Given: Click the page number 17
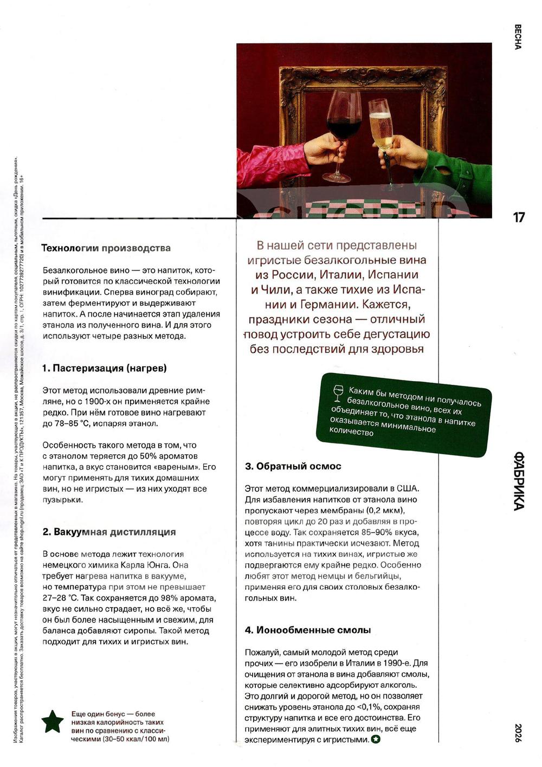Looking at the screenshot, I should point(519,217).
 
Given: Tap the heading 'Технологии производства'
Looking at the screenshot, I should point(106,248).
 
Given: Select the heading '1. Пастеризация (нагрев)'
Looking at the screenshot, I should point(105,368).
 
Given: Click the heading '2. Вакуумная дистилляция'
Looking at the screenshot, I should point(109,532).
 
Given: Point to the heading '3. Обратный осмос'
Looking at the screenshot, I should point(293,466).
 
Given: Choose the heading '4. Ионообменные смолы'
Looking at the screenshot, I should point(308,630).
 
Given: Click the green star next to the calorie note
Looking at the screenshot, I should point(53,721).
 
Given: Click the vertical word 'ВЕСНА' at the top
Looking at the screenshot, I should point(518,37).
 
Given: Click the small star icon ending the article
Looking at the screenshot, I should point(376,739).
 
